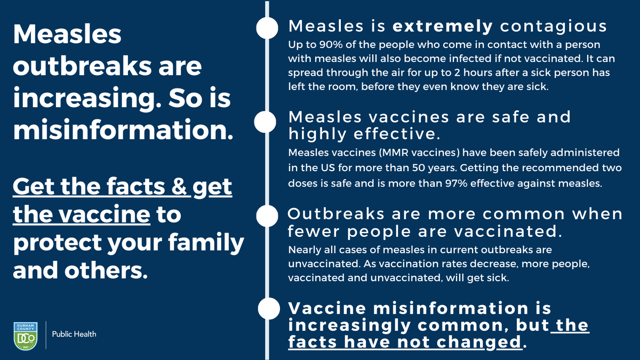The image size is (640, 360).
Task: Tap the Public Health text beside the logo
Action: (74, 334)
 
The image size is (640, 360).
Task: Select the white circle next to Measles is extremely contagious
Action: (267, 28)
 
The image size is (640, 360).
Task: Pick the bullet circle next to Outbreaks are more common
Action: (267, 217)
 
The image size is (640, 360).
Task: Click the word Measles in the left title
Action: (67, 36)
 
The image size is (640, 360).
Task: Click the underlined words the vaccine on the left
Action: (81, 215)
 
